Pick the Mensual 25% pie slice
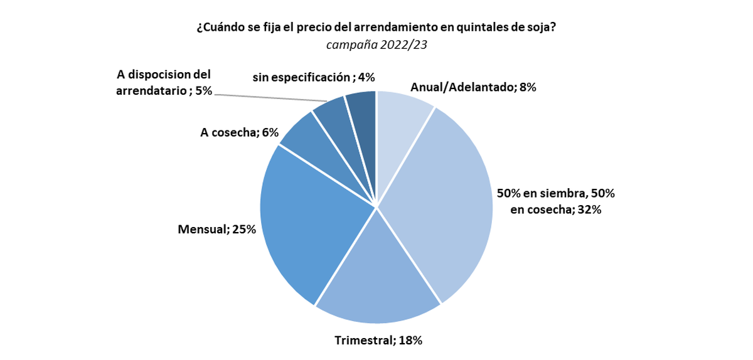tap(307, 226)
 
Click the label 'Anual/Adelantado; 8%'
tap(473, 88)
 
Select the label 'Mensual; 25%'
tap(217, 230)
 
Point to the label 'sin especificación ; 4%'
tap(314, 78)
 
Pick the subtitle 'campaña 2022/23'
tap(376, 45)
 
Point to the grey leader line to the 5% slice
tap(270, 97)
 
